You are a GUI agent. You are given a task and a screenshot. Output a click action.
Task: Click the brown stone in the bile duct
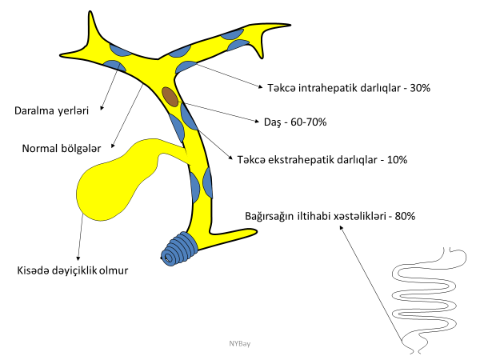pos(170,97)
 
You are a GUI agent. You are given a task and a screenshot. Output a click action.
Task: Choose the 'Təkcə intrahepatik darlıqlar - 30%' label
pos(345,87)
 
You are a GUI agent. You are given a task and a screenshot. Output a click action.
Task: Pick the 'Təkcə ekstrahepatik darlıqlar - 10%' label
pos(322,159)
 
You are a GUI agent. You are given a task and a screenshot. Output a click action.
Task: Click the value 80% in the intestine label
pos(403,216)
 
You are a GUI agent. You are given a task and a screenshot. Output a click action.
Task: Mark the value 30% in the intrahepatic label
pos(420,87)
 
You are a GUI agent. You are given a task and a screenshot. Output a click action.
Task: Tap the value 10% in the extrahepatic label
pos(395,159)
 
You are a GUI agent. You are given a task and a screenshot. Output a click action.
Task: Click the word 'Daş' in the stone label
pos(271,123)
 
